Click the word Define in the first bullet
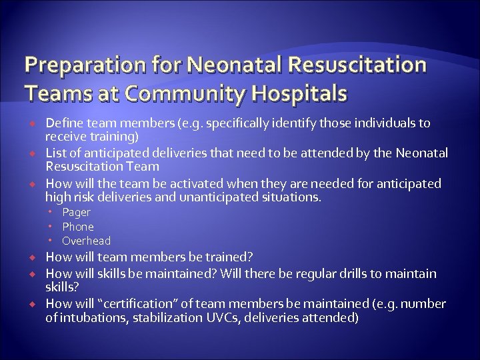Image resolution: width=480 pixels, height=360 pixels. tap(62, 123)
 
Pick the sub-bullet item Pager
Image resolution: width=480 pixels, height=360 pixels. tap(76, 212)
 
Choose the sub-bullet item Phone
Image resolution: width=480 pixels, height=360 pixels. tap(78, 227)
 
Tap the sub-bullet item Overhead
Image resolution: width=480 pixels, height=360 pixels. tap(87, 241)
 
